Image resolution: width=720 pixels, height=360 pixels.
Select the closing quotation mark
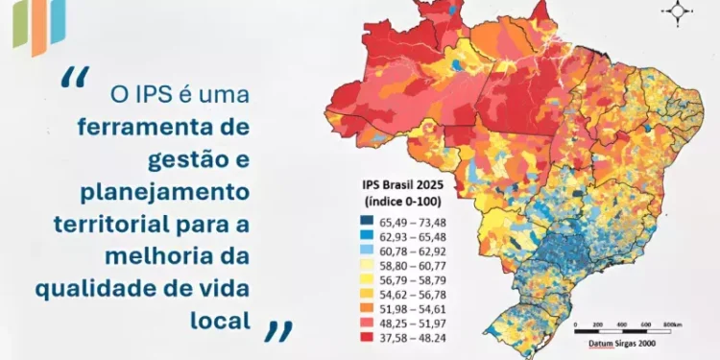pos(277,330)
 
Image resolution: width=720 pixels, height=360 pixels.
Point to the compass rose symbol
pos(679,12)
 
